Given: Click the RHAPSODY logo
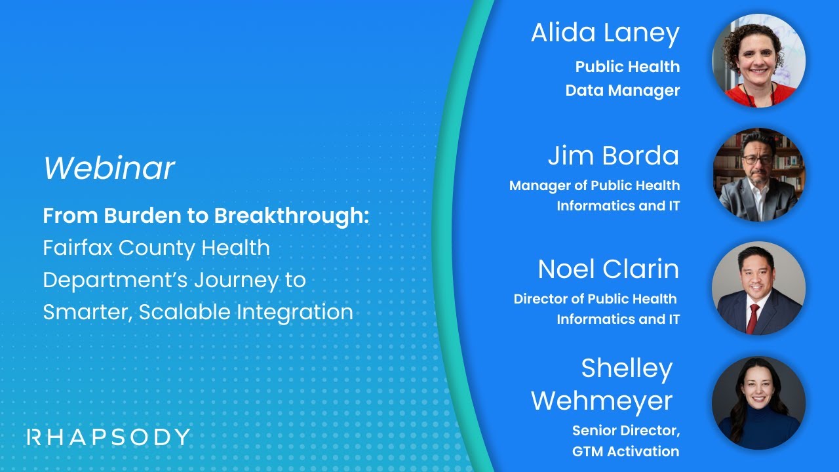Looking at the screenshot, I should pos(109,437).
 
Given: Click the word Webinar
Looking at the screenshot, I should pos(109,168).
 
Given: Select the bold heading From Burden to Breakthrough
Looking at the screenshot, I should pos(206,216).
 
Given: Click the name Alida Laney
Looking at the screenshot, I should pos(604,34).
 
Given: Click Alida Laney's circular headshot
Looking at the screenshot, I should pos(758,60).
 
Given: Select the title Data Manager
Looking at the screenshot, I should pos(622,90).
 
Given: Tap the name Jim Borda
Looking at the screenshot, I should pos(613,156).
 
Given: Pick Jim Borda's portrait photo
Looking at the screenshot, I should pos(758,174).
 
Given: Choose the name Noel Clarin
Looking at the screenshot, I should pos(608,269).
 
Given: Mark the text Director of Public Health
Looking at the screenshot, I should pos(595,299).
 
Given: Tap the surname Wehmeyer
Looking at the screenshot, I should pos(601,401).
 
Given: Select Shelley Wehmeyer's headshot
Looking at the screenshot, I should pos(758,403).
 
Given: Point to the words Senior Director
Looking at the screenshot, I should pos(626,431).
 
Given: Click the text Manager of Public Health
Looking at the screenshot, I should pos(594,186).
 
